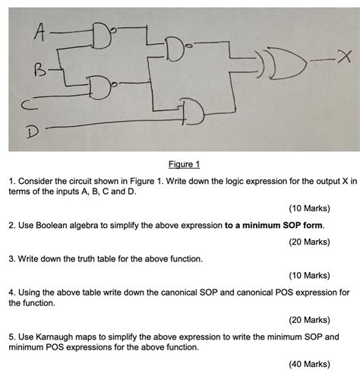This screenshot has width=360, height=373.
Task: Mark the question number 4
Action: tap(11, 292)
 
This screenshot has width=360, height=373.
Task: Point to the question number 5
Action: tap(11, 335)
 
